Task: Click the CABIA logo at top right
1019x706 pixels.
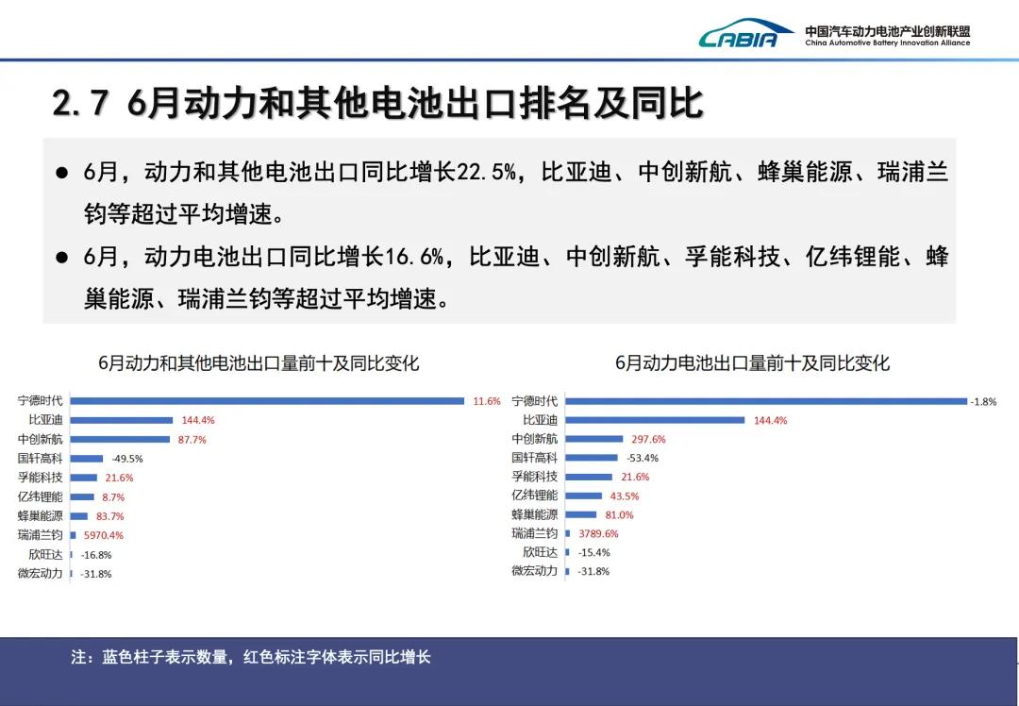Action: (x=745, y=33)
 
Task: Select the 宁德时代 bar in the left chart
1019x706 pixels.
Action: (x=267, y=401)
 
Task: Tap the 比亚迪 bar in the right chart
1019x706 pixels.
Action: (x=655, y=420)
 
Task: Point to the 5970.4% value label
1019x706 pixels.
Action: (x=104, y=536)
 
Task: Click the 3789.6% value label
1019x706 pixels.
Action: (x=598, y=533)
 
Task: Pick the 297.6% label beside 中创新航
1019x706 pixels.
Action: (x=648, y=440)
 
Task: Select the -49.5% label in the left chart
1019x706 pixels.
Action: (x=126, y=459)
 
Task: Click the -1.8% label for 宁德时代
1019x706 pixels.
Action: (x=983, y=402)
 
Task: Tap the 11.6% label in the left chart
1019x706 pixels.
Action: (x=487, y=401)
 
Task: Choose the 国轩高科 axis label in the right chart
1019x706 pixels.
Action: (x=534, y=458)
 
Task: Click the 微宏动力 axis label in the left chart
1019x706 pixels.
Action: (x=41, y=573)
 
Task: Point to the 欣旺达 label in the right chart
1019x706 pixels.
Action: (x=540, y=552)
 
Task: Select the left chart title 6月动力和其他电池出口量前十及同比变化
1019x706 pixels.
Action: (x=259, y=362)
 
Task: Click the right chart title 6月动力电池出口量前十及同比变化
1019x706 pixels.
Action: (x=753, y=362)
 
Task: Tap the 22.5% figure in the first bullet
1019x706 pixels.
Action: (x=487, y=172)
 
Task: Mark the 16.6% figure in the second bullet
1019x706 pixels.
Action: (x=414, y=257)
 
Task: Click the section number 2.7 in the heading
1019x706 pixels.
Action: (x=80, y=103)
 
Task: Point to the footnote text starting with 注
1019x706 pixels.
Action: (x=251, y=657)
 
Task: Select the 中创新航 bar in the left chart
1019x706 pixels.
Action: (x=120, y=440)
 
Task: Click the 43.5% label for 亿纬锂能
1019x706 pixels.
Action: (x=625, y=496)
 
